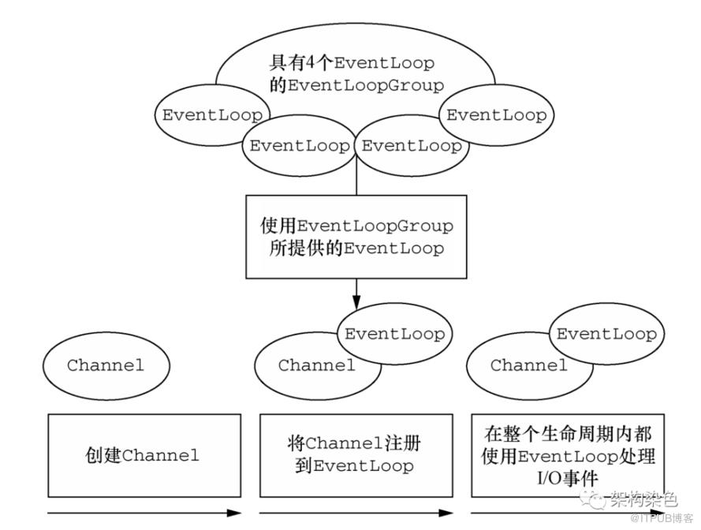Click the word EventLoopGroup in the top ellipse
[366, 85]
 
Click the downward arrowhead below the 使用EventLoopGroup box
[356, 302]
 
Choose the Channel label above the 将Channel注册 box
[316, 365]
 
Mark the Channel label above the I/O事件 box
[528, 365]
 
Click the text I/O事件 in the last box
[567, 479]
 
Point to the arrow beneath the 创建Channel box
[144, 513]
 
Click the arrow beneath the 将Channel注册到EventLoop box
[356, 513]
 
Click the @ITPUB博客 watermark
[662, 519]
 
